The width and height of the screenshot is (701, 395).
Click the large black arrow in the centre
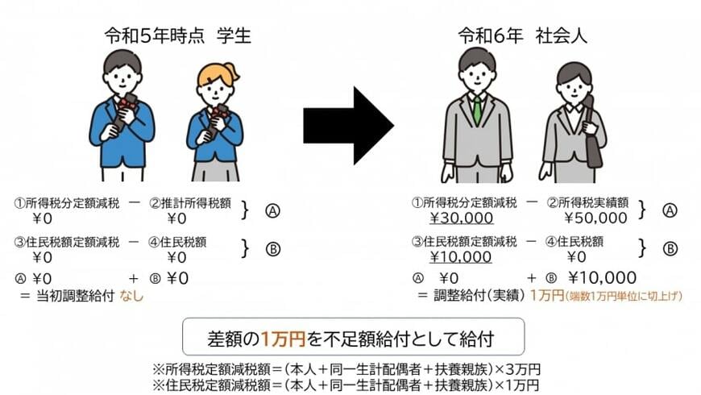(348, 126)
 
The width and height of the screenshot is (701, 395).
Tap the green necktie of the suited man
(478, 110)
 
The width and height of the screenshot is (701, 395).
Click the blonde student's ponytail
(233, 72)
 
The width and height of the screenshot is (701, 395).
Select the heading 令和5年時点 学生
(178, 35)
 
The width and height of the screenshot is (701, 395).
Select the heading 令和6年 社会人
(522, 35)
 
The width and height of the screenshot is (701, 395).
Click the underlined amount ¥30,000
(461, 218)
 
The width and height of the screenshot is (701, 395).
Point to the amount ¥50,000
(595, 218)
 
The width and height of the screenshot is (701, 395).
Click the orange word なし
(131, 296)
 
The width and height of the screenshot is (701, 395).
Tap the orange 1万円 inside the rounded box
(283, 339)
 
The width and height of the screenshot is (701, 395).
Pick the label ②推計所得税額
(190, 203)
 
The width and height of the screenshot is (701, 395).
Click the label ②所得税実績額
(587, 203)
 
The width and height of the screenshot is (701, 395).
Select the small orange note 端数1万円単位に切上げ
(624, 296)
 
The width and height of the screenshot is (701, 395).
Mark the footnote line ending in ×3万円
(346, 369)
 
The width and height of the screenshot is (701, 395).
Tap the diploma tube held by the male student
(123, 111)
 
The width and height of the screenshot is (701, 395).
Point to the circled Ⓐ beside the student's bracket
(272, 210)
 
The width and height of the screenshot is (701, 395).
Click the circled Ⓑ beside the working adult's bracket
(670, 249)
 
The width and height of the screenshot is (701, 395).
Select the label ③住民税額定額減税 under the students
(67, 243)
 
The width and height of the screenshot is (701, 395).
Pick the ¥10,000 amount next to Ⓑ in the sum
(603, 278)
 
